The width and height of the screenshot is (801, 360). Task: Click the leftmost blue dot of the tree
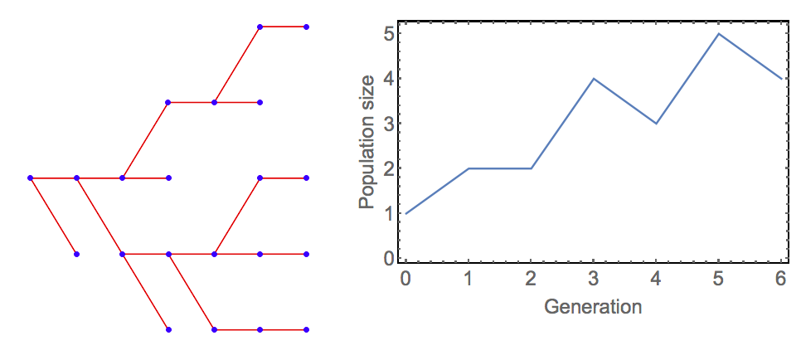[x=30, y=178]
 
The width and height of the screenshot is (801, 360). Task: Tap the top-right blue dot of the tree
[x=306, y=27]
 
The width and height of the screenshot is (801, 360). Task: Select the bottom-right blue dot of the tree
[x=306, y=330]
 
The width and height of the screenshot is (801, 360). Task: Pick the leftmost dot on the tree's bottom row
[x=168, y=330]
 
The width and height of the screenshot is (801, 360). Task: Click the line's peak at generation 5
[x=719, y=34]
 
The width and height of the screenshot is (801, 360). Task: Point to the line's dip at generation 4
[x=656, y=124]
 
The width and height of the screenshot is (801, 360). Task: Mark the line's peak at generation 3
[x=594, y=79]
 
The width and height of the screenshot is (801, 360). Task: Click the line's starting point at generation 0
[x=405, y=213]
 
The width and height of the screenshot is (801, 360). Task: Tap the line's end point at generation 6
[x=781, y=79]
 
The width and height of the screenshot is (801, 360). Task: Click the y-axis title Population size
[x=367, y=140]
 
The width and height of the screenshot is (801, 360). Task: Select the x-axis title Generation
[x=593, y=308]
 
